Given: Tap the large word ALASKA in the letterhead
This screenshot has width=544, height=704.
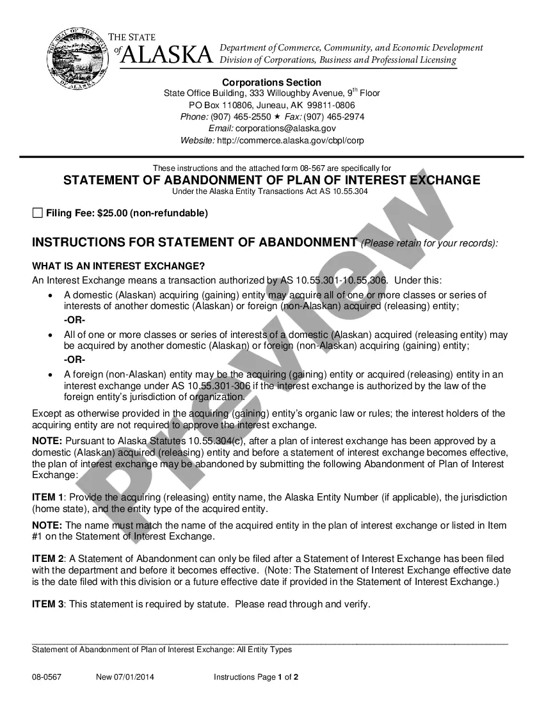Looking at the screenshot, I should [x=166, y=56].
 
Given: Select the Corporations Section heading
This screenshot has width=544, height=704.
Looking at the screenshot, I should [x=271, y=82].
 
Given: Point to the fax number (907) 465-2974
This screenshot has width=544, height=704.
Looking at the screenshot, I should [x=334, y=116].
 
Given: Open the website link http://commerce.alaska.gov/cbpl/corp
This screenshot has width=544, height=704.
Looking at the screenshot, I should [x=291, y=140].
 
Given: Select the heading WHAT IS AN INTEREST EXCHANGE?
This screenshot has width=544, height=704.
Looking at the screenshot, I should [x=118, y=266].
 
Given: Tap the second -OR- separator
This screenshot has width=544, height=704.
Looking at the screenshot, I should [x=75, y=360].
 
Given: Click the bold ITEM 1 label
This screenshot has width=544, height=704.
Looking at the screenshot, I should [x=48, y=497].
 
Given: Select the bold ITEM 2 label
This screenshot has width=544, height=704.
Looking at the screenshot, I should [x=48, y=559].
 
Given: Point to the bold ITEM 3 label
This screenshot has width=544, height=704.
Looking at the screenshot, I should [x=48, y=604].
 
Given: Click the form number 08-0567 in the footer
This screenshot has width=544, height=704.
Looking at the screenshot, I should [x=47, y=677].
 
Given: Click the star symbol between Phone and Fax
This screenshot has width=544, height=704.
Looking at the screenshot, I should [x=277, y=116].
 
